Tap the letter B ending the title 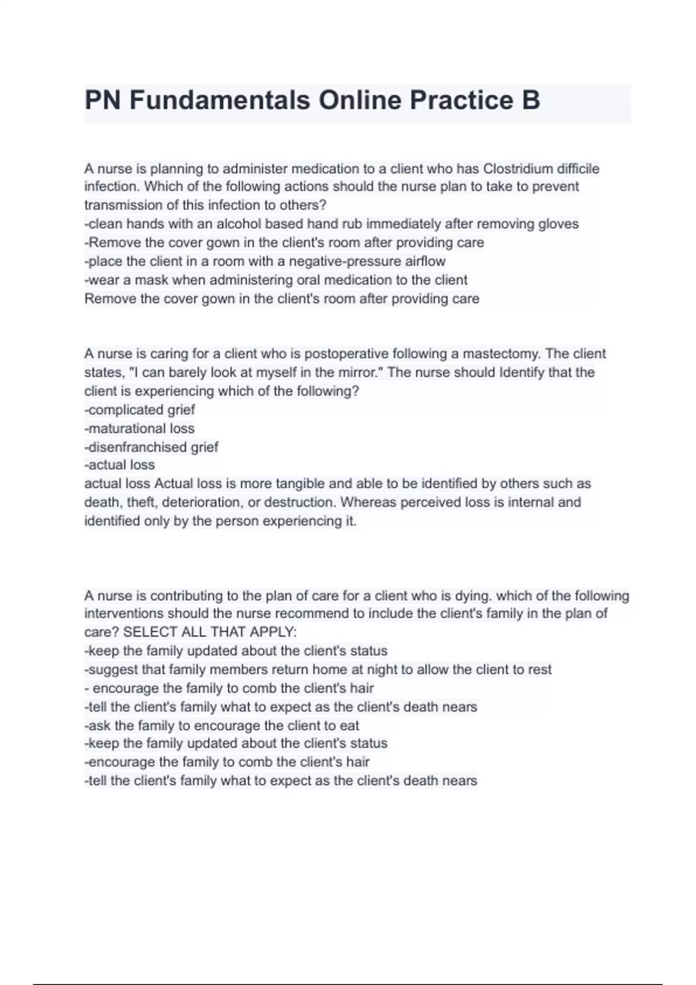(x=531, y=100)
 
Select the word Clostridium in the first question (x=518, y=169)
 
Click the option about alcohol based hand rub (x=331, y=224)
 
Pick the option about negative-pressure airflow (x=265, y=261)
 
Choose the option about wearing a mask (x=276, y=280)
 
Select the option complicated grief (x=140, y=410)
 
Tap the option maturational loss (x=139, y=428)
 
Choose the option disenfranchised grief (x=151, y=447)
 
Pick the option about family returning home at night (x=318, y=669)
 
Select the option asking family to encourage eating (x=222, y=725)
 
